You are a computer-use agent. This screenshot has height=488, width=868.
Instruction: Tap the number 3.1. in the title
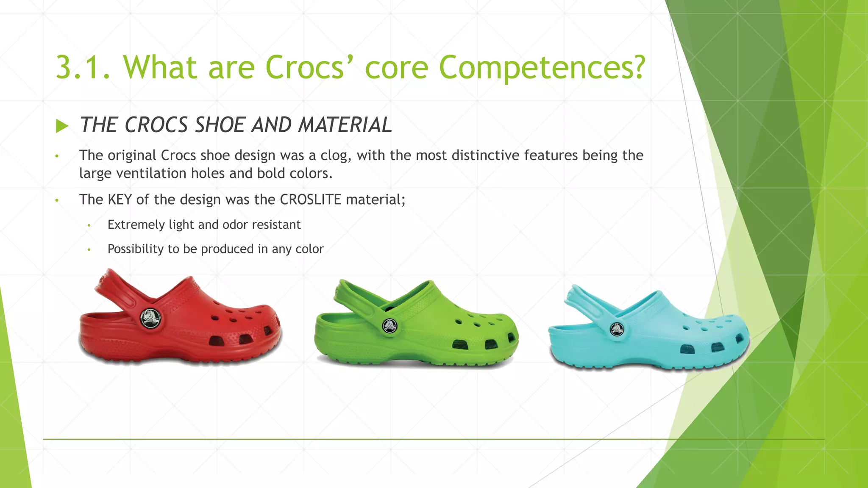[83, 68]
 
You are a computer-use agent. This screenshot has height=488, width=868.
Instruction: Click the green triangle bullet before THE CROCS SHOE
[62, 126]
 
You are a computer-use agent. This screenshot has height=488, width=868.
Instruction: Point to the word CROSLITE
[310, 200]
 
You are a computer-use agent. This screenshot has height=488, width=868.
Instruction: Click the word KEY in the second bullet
[120, 200]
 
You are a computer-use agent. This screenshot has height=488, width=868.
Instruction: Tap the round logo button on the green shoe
[389, 326]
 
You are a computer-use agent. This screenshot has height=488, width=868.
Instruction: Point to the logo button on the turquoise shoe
[617, 329]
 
